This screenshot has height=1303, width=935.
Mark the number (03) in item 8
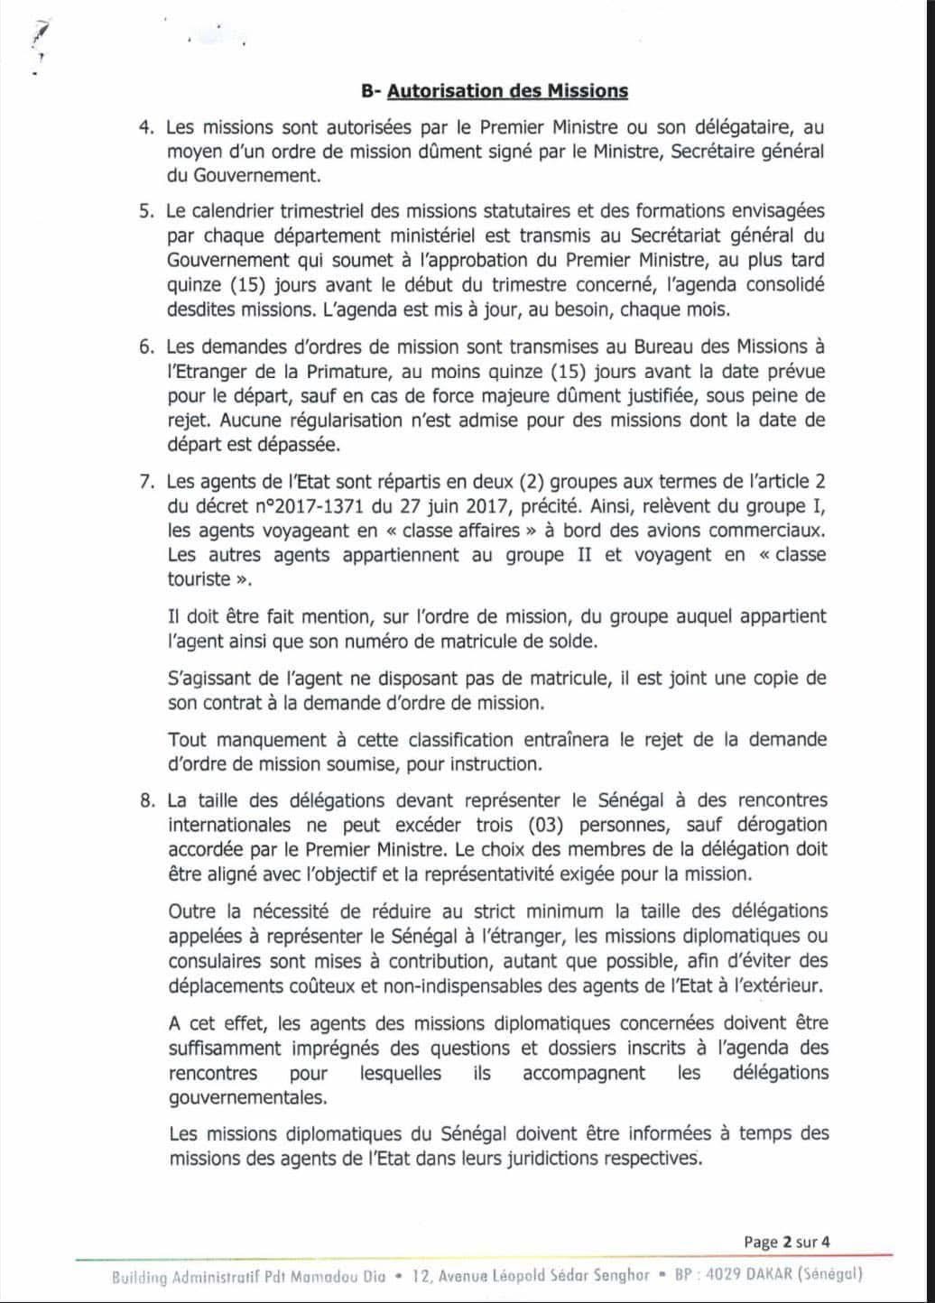tap(554, 825)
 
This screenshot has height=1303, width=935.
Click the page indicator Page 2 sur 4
tap(787, 1242)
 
